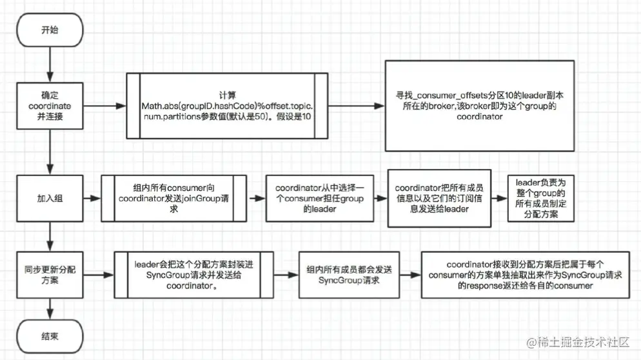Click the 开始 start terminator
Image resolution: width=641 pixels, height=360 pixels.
pos(49,30)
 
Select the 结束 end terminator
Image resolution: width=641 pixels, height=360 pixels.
pos(49,335)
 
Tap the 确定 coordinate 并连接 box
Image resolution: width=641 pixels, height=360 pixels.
pos(49,105)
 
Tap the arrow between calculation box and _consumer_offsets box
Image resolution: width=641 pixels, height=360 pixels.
pos(355,105)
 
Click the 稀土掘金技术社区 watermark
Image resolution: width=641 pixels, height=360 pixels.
pos(584,343)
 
